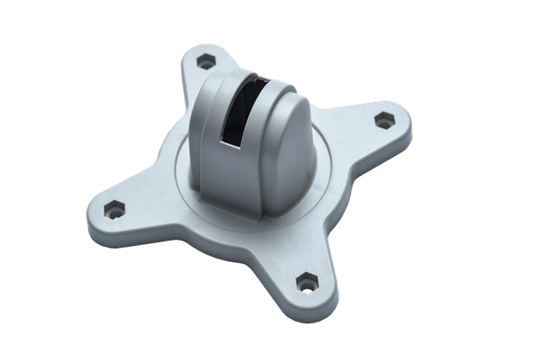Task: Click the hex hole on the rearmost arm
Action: [206, 61]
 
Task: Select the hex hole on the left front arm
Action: [113, 211]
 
